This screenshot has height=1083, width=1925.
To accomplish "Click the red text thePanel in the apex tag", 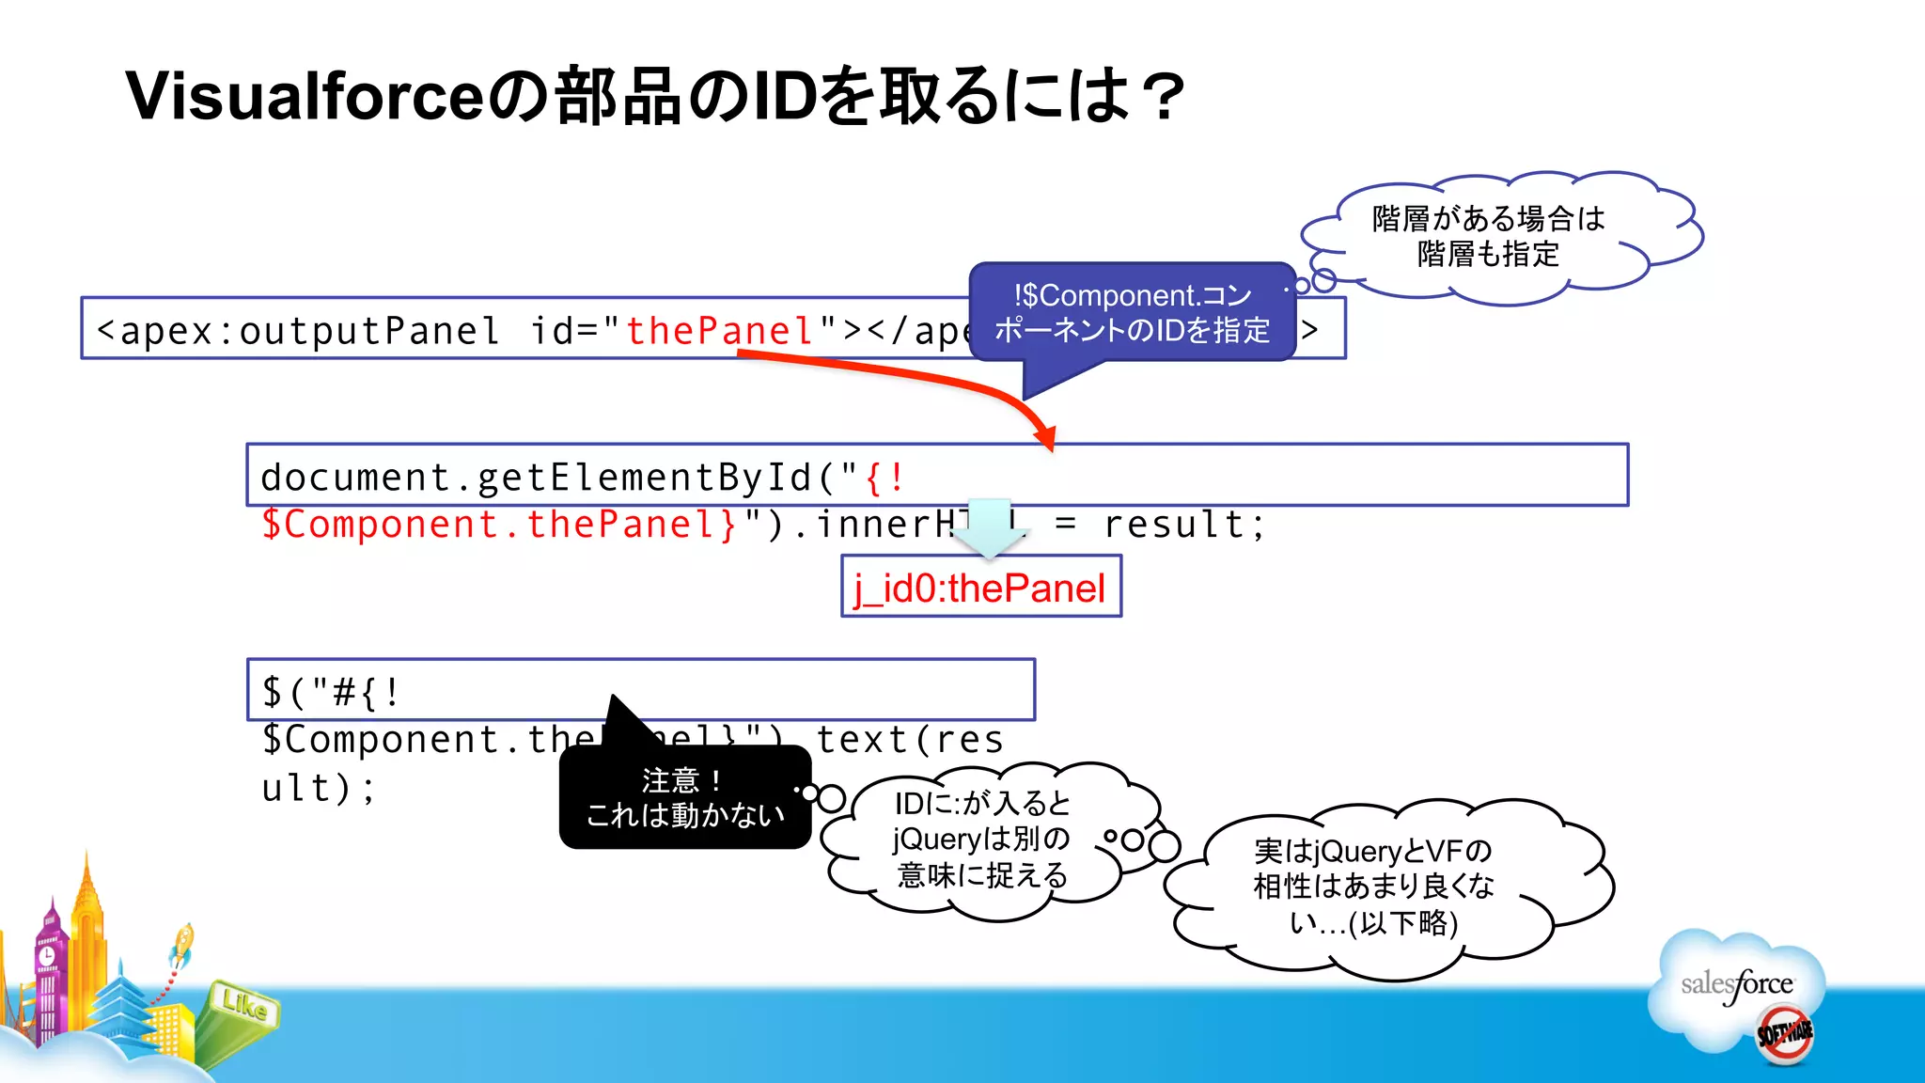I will [720, 331].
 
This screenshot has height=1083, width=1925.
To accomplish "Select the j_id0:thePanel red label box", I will [980, 588].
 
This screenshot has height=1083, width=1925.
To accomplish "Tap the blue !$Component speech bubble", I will [1132, 312].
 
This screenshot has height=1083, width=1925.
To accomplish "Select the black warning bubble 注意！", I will [684, 797].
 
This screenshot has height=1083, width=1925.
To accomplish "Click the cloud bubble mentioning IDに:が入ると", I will [981, 839].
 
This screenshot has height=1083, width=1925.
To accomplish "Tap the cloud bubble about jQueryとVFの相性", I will [1373, 887].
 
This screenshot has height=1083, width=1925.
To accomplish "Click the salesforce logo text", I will [1737, 984].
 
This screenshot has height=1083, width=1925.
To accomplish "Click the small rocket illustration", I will [182, 944].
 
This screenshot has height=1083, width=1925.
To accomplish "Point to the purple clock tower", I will [48, 968].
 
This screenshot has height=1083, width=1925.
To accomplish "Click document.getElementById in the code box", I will [536, 478].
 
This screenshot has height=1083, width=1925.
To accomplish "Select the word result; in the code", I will [1185, 525].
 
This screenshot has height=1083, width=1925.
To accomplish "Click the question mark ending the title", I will [1165, 97].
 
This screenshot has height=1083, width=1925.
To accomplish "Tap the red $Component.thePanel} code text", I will [498, 525].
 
